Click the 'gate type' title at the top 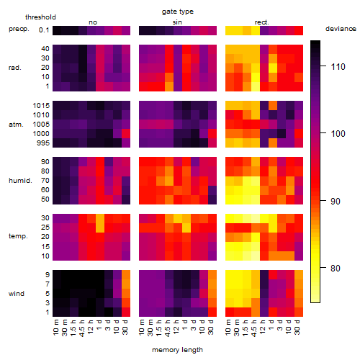pyautogui.click(x=178, y=12)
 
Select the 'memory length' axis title pyautogui.click(x=177, y=350)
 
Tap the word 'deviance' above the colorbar pyautogui.click(x=341, y=29)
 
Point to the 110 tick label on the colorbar pyautogui.click(x=338, y=66)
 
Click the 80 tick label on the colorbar pyautogui.click(x=335, y=268)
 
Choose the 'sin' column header pyautogui.click(x=177, y=22)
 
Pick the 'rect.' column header pyautogui.click(x=261, y=22)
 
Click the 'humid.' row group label pyautogui.click(x=20, y=181)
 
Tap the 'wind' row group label pyautogui.click(x=17, y=294)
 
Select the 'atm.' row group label pyautogui.click(x=16, y=125)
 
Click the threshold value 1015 pyautogui.click(x=41, y=106)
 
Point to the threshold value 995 pyautogui.click(x=43, y=143)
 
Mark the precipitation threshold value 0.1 pyautogui.click(x=44, y=30)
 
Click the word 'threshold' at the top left pyautogui.click(x=40, y=17)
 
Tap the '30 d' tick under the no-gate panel pyautogui.click(x=125, y=327)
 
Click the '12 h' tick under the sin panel pyautogui.click(x=177, y=327)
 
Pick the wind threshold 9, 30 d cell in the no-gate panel pyautogui.click(x=126, y=275)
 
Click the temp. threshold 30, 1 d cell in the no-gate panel pyautogui.click(x=100, y=218)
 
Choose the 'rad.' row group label pyautogui.click(x=15, y=68)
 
